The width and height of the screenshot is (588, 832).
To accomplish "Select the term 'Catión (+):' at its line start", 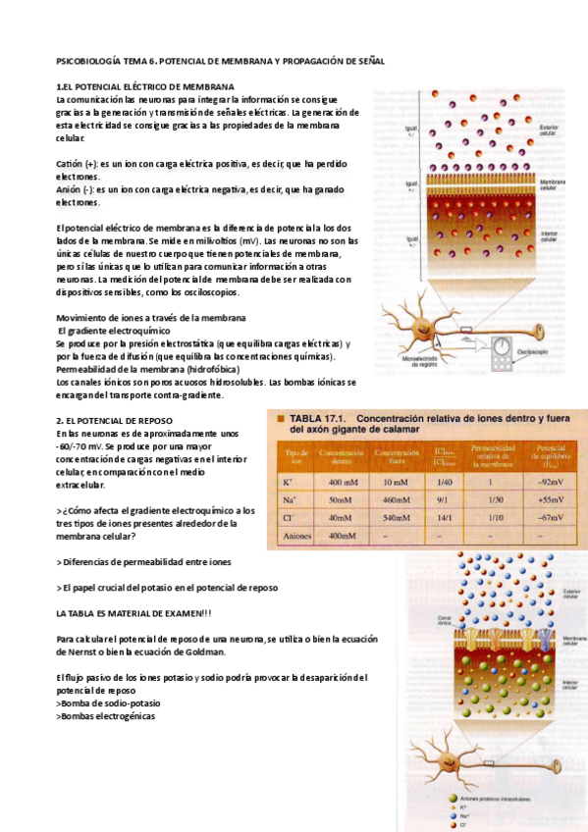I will [x=77, y=164].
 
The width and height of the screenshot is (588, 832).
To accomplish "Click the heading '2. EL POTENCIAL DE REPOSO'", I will [x=115, y=420].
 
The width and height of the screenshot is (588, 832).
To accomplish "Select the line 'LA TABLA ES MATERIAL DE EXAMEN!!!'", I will [x=134, y=612].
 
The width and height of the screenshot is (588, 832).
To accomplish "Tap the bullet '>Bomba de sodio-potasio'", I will [x=108, y=702].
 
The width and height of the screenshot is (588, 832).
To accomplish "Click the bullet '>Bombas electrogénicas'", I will [x=105, y=715].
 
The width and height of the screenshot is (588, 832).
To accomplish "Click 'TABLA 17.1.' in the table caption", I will [x=317, y=418].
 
